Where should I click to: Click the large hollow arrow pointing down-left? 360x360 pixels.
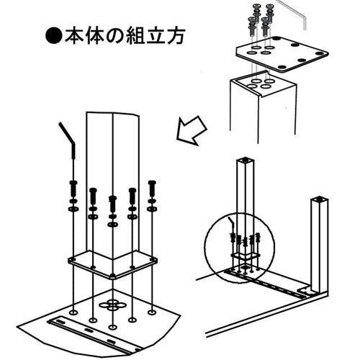[x=192, y=130]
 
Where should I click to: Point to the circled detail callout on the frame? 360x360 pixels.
[x=239, y=247]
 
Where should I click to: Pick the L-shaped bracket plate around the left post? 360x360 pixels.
[x=112, y=265]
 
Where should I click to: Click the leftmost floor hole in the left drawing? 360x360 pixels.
[x=73, y=312]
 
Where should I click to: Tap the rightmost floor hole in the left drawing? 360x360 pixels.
[x=152, y=312]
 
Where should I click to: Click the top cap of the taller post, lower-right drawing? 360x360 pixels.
[x=245, y=160]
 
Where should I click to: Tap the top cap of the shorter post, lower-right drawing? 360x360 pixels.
[x=319, y=199]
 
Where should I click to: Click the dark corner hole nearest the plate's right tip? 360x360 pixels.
[x=320, y=53]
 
